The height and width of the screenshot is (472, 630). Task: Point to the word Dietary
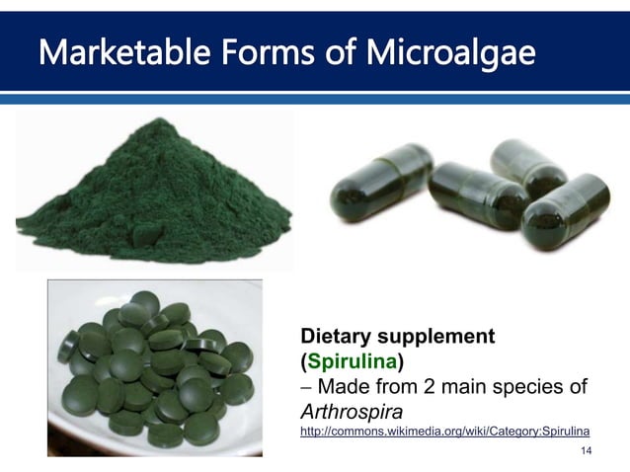(341, 336)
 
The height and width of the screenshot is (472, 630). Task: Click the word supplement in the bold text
(439, 336)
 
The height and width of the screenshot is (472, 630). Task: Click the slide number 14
(587, 451)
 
